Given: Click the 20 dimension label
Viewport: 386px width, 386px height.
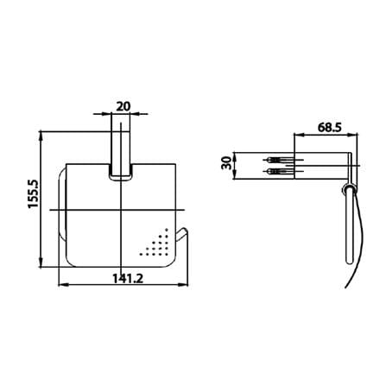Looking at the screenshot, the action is coord(123,106).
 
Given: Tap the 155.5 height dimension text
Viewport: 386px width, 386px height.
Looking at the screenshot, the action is coord(33,193).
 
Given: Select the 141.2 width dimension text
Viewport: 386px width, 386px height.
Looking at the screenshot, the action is coord(128,278).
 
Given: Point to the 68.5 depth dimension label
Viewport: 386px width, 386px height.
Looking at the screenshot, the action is coord(330,127).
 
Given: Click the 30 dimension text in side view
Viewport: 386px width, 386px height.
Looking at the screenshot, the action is coord(227,163).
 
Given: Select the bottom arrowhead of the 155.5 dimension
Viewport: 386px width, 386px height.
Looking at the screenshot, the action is coord(41,263).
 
